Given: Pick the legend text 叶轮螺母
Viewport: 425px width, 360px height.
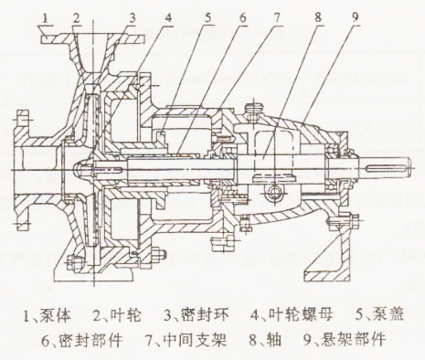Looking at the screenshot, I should (x=289, y=317).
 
